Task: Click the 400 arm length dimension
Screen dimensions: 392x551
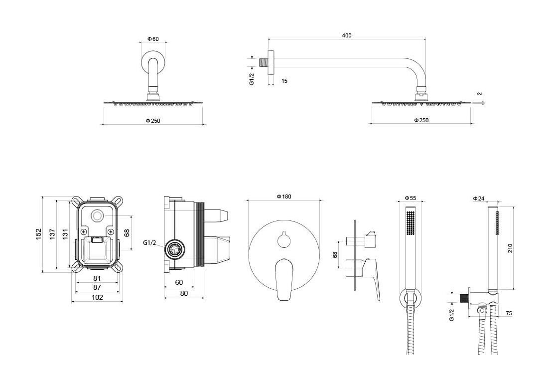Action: pyautogui.click(x=347, y=35)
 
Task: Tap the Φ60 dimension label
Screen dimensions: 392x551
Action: pyautogui.click(x=153, y=39)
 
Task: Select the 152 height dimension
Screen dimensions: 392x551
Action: pyautogui.click(x=38, y=234)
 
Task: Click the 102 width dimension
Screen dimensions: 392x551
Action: pyautogui.click(x=97, y=297)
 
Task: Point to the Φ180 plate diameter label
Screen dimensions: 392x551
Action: pyautogui.click(x=283, y=197)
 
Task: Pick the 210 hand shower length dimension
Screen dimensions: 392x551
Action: pyautogui.click(x=510, y=248)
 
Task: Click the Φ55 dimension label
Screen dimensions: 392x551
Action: pyautogui.click(x=410, y=198)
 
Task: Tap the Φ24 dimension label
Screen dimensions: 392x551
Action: pyautogui.click(x=478, y=198)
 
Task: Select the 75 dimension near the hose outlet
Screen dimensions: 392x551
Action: pyautogui.click(x=509, y=313)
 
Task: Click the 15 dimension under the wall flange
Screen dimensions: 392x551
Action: pyautogui.click(x=284, y=81)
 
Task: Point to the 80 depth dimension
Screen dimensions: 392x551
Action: pyautogui.click(x=184, y=293)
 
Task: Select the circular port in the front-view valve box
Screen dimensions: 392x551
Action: pyautogui.click(x=97, y=217)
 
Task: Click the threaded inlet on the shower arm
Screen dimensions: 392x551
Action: pyautogui.click(x=262, y=63)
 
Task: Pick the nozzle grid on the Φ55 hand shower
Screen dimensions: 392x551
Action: pyautogui.click(x=410, y=222)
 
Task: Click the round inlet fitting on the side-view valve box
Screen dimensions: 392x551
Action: pyautogui.click(x=174, y=249)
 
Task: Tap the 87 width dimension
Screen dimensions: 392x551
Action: pyautogui.click(x=97, y=287)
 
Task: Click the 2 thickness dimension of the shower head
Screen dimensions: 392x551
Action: pyautogui.click(x=479, y=94)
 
